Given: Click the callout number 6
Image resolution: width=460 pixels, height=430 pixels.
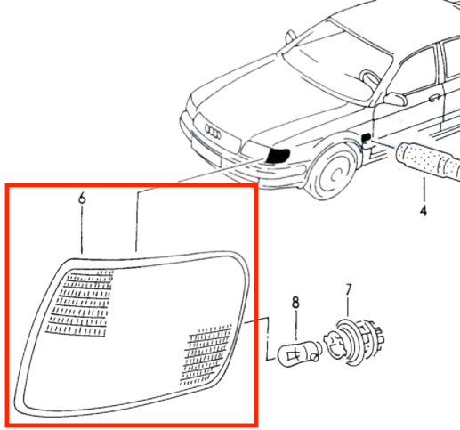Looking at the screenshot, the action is click(x=82, y=198).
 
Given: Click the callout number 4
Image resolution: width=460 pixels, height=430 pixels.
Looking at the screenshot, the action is click(x=424, y=210).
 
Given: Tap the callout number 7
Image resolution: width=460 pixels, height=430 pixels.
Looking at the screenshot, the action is click(x=348, y=290).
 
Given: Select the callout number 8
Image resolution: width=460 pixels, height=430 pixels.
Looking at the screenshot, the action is click(x=295, y=303).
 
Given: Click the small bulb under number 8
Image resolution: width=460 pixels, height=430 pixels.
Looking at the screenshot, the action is click(x=299, y=354).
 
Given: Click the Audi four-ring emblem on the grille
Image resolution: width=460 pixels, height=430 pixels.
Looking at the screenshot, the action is click(x=213, y=132).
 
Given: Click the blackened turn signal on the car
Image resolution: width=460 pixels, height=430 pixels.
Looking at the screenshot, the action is click(x=278, y=156).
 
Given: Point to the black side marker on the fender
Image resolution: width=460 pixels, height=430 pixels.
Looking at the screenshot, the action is click(x=367, y=137).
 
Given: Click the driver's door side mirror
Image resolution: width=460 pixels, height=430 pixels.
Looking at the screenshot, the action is click(x=396, y=99).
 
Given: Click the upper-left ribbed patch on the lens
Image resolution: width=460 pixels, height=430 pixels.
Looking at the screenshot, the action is click(x=79, y=303).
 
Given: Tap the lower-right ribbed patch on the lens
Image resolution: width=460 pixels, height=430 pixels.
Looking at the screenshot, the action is click(x=206, y=355).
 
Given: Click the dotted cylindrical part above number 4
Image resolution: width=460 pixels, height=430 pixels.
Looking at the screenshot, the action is click(x=428, y=161).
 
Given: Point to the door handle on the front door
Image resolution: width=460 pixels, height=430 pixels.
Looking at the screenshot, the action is click(x=434, y=98).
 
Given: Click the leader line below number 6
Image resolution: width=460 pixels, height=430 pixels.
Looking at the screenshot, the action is click(x=82, y=229).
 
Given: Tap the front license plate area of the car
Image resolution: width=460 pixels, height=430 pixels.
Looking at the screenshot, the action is click(x=206, y=151).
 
